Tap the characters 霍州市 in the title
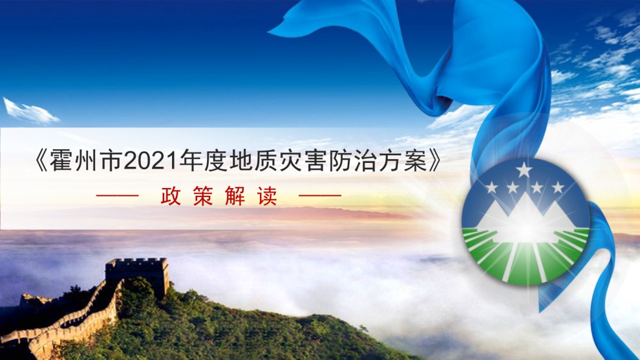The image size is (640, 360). coord(86,162)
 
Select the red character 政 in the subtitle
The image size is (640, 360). coord(171,196)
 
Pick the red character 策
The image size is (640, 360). coord(203,196)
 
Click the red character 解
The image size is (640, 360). coord(235,196)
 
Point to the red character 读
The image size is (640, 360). coord(268,196)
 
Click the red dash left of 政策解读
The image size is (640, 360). coord(118,196)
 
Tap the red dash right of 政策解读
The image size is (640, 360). coord(320,196)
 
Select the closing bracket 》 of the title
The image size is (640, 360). coord(434,162)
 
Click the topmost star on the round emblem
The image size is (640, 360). coord(524,170)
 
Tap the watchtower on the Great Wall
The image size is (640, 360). coord(137,277)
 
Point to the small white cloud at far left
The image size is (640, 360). coord(29,111)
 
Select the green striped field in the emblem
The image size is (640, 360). coord(526,255)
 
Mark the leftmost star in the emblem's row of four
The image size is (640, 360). coord(492,187)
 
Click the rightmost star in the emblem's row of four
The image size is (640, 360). coord(557,187)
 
